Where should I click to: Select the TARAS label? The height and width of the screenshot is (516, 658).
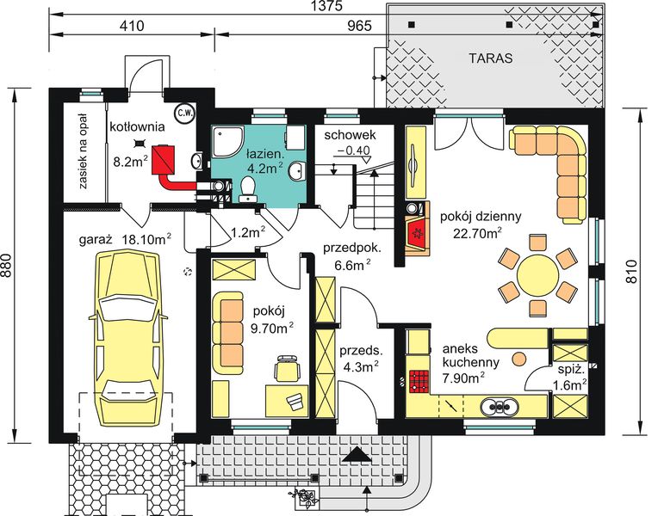491,58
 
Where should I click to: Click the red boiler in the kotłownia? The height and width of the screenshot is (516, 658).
164,159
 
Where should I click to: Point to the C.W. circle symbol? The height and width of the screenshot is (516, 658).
184,113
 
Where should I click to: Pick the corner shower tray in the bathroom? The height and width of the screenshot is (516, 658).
227,142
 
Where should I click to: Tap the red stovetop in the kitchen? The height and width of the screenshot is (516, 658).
419,382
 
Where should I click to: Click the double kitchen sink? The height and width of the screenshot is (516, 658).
500,406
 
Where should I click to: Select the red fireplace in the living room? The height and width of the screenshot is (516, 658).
417,233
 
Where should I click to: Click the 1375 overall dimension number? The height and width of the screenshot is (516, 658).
328,6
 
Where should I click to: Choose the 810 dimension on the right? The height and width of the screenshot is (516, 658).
633,272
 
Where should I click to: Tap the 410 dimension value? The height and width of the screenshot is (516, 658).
132,26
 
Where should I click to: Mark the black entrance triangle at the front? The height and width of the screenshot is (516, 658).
357,455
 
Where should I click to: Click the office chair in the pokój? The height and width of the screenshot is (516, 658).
287,367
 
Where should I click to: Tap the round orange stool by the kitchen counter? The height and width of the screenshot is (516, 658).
519,359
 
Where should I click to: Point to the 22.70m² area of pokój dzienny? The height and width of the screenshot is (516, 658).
478,232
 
